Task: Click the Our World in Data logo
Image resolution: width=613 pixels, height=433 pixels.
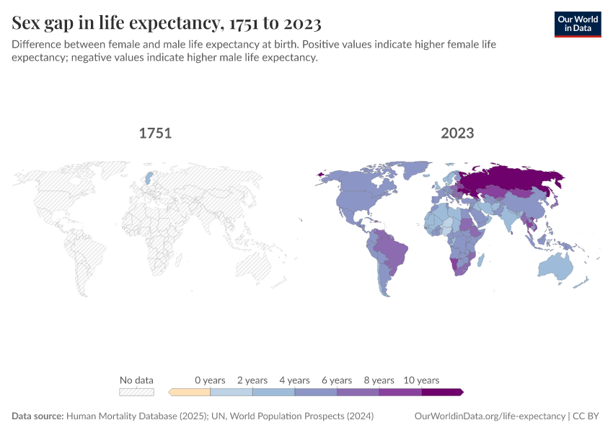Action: click(x=578, y=24)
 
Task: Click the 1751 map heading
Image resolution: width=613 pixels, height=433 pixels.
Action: click(x=155, y=134)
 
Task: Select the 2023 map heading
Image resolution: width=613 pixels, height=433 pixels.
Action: click(x=457, y=134)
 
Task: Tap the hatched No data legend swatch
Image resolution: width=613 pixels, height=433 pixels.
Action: click(x=136, y=392)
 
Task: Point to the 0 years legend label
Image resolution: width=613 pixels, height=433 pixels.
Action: click(x=210, y=380)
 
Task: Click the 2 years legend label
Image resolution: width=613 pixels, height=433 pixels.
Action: click(x=252, y=380)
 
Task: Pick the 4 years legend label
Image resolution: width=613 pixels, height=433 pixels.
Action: click(x=294, y=380)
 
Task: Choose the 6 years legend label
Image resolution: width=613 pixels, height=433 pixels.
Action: click(x=337, y=380)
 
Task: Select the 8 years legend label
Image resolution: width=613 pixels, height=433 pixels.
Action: click(x=379, y=380)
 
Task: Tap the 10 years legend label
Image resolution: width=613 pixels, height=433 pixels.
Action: click(x=421, y=380)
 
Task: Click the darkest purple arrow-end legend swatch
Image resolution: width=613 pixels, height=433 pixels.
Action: click(x=441, y=392)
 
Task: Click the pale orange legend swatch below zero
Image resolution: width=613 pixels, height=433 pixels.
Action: click(x=190, y=392)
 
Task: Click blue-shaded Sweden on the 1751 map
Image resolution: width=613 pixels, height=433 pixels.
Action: click(x=149, y=178)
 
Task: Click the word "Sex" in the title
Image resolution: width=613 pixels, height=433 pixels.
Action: click(x=27, y=23)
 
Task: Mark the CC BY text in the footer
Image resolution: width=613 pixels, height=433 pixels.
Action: click(x=588, y=416)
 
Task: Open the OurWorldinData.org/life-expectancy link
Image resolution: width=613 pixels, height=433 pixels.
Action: click(x=490, y=416)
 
